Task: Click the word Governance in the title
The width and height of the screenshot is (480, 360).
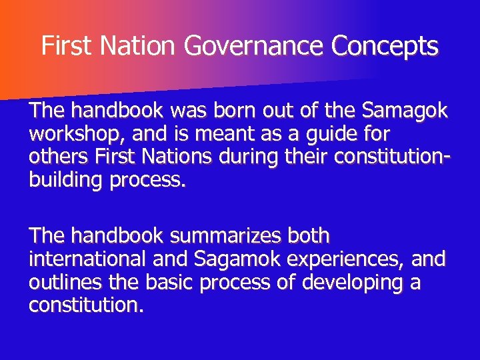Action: [x=256, y=47]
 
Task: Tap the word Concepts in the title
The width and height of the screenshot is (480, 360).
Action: [x=386, y=47]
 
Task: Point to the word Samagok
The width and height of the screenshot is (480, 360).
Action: [x=405, y=111]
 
